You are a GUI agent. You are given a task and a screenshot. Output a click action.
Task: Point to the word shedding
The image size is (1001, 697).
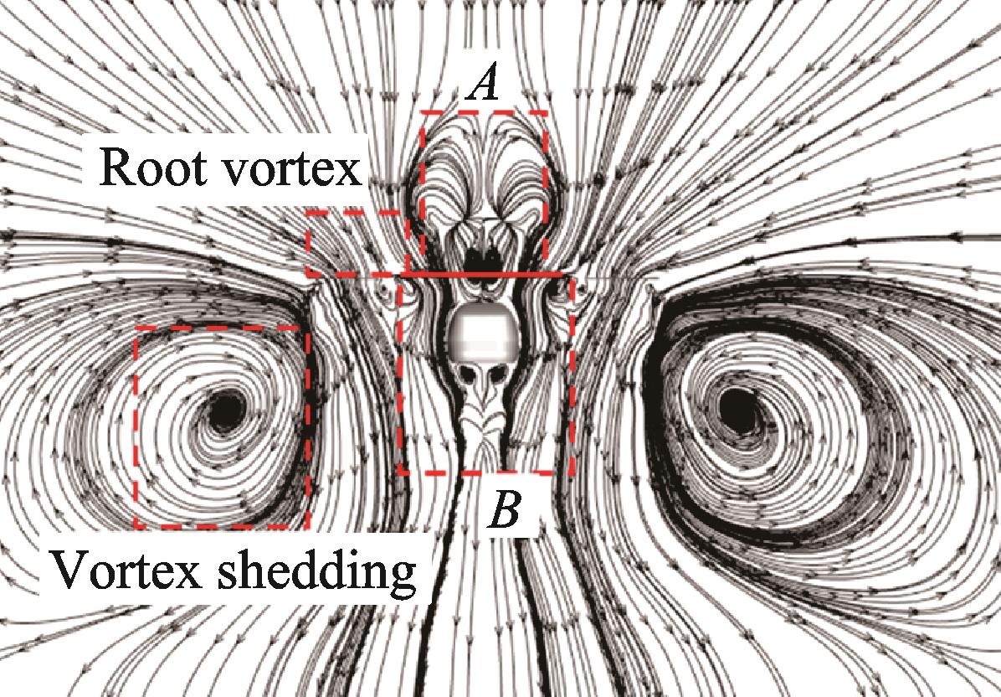(x=316, y=571)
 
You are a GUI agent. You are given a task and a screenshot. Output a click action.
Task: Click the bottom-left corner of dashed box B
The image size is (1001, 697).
(x=401, y=472)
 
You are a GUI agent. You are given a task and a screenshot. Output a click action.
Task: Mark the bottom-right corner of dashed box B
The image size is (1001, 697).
(x=571, y=472)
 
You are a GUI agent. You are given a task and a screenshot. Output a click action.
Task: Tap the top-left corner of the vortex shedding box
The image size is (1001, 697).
(x=136, y=328)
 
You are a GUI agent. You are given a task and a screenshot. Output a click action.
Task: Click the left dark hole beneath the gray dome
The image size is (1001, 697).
(x=470, y=373)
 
